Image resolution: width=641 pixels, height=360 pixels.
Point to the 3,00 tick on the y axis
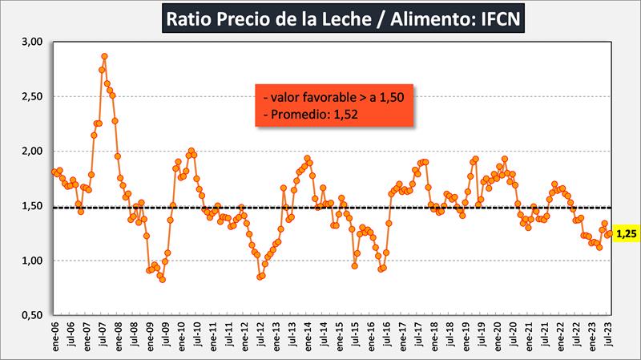30,42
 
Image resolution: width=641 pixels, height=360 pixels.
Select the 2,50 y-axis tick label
30,97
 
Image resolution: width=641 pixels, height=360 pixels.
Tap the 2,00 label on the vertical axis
30,152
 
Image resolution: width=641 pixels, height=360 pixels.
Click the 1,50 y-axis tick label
30,206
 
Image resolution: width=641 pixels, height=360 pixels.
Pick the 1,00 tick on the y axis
30,261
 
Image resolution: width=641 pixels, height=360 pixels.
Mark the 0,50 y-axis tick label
30,316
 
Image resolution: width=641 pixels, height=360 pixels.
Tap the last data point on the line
610,233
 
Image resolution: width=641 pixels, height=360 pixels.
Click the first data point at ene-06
54,172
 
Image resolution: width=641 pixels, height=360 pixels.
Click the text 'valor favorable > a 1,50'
321,96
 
